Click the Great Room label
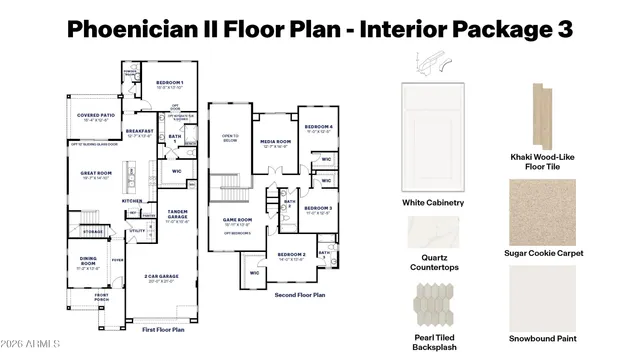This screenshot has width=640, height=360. tap(97, 174)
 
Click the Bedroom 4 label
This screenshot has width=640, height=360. tap(318, 127)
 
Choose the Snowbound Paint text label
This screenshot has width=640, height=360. tap(543, 337)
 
